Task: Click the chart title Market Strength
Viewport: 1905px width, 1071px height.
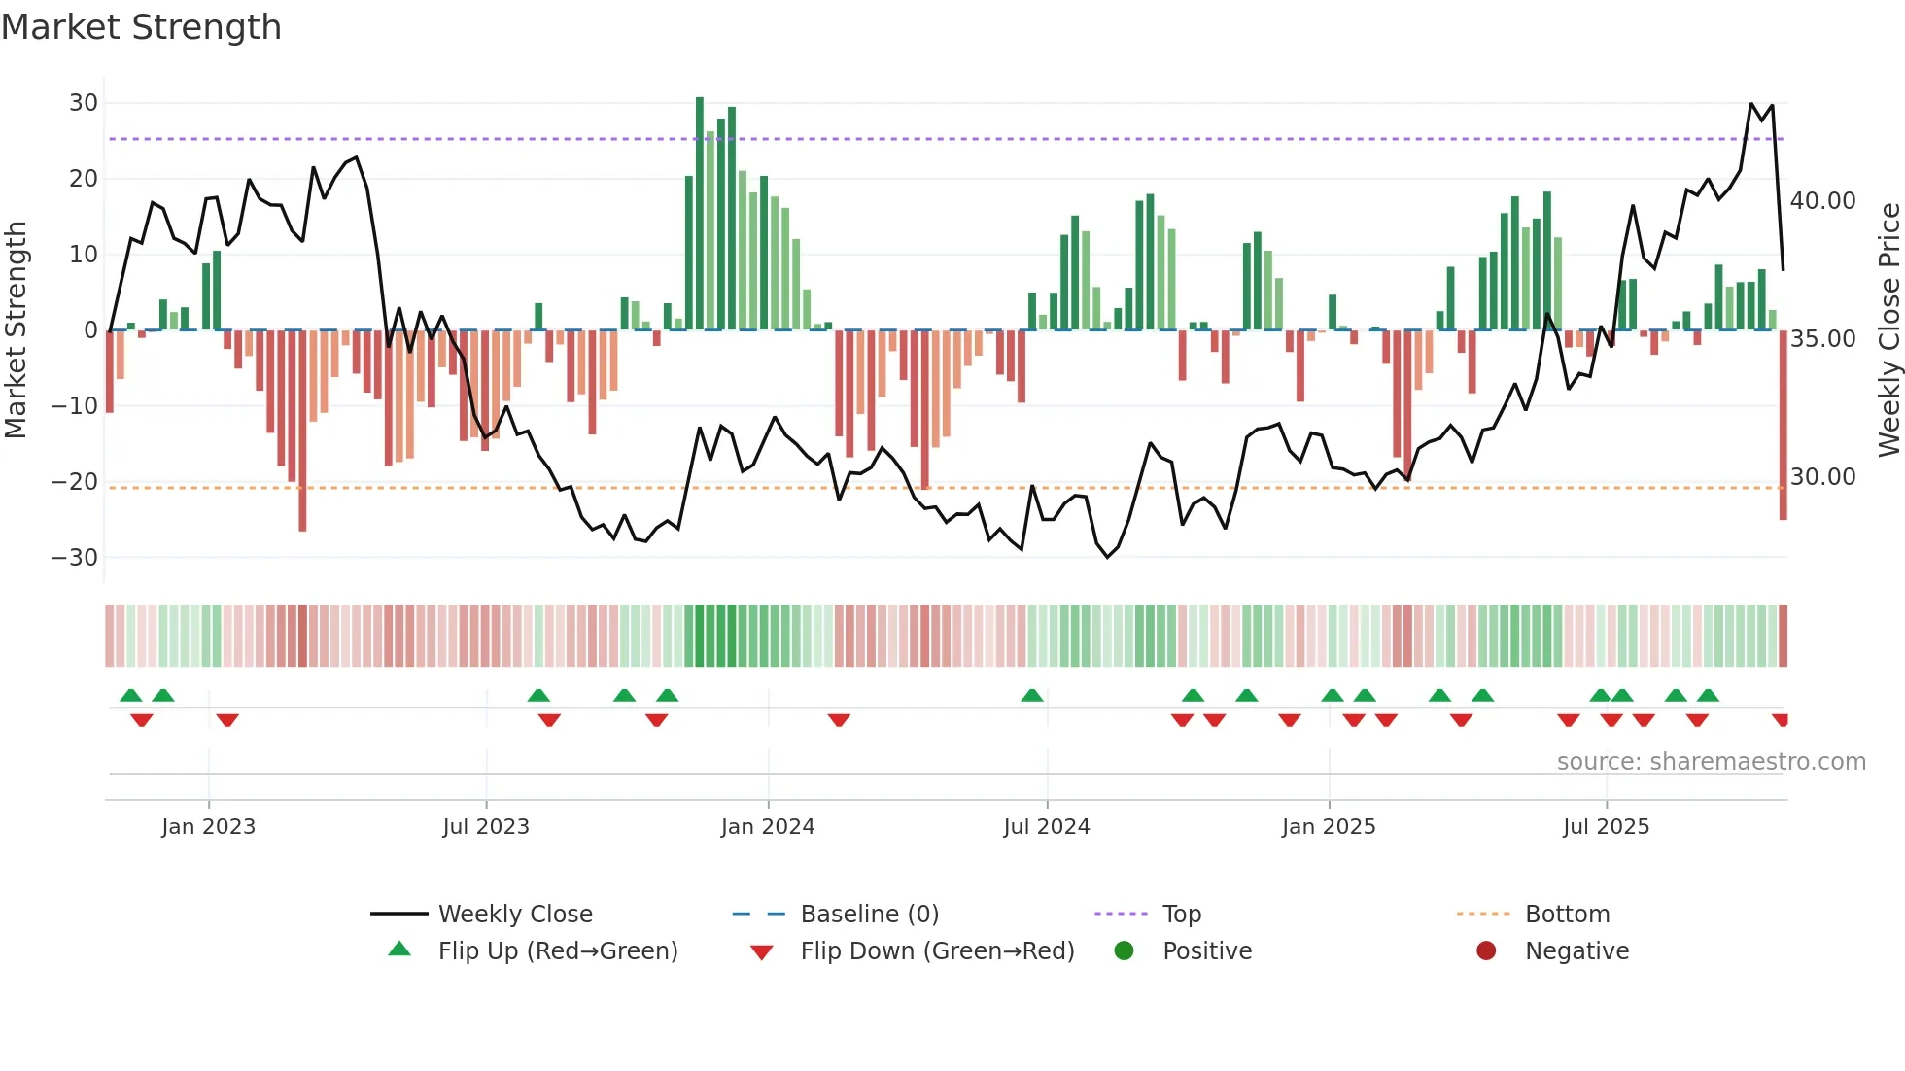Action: click(141, 27)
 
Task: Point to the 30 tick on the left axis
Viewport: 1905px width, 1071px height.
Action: click(84, 103)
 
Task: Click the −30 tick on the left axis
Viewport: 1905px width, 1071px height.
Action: click(75, 558)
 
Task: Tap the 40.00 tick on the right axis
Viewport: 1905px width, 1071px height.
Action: click(1823, 201)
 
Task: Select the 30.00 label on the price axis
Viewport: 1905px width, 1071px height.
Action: click(1823, 477)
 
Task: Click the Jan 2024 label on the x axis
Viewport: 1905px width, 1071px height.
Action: click(768, 827)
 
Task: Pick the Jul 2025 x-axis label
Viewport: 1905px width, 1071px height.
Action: click(1606, 827)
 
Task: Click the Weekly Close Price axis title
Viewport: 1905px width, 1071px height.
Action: click(1888, 330)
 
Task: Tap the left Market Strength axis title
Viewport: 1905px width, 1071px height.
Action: click(17, 330)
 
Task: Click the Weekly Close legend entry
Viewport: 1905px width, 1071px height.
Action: click(514, 915)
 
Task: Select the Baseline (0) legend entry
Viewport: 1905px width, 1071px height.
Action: click(869, 915)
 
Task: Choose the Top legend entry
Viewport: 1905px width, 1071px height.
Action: click(1181, 915)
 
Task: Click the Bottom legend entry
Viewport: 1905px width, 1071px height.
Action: click(1567, 915)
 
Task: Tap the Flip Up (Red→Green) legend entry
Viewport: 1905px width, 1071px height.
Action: click(557, 951)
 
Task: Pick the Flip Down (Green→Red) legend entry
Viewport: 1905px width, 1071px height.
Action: click(937, 951)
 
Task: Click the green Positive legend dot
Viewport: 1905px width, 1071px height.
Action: click(1125, 951)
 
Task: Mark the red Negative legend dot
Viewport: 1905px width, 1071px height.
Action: click(1486, 951)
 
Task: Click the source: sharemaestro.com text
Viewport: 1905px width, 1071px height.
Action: click(1711, 762)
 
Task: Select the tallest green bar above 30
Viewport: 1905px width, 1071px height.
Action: click(700, 214)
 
